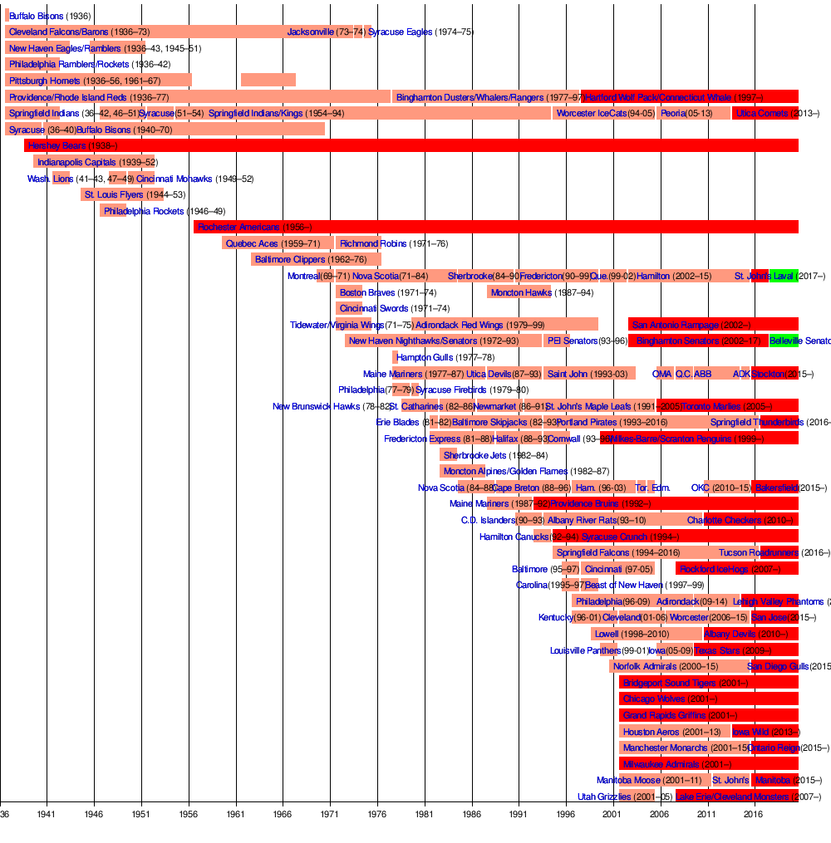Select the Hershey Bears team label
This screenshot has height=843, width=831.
(57, 146)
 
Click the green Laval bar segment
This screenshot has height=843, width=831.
(784, 276)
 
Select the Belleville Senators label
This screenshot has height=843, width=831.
(799, 341)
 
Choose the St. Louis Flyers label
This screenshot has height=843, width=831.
(114, 195)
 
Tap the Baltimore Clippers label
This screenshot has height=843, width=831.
(290, 260)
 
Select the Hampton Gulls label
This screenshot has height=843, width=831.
(425, 357)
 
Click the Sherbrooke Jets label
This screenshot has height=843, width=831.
(473, 454)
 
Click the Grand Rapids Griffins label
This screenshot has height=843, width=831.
(664, 715)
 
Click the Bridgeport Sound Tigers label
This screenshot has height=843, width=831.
(669, 683)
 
